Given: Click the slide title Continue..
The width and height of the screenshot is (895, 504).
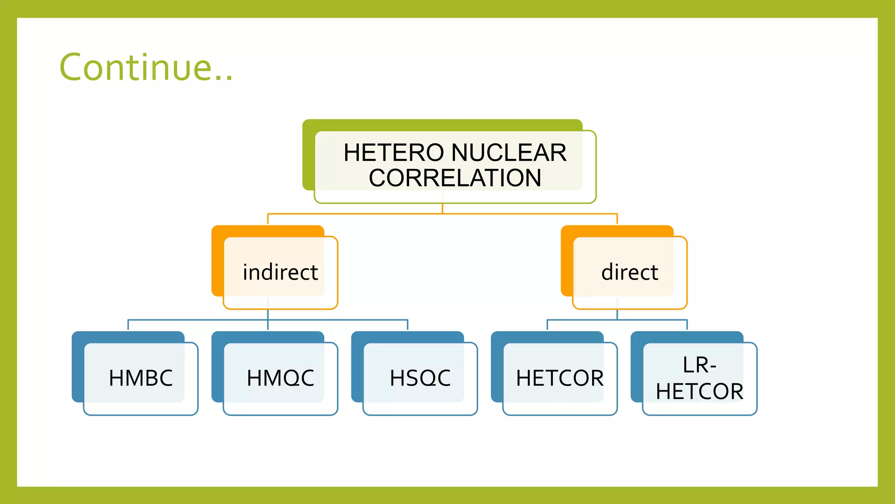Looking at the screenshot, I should point(146,67).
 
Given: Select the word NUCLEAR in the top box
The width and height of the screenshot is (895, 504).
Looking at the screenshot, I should point(509,153).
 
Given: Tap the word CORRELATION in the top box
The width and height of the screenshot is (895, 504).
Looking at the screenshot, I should point(455,178).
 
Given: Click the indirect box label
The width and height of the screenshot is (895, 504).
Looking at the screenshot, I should point(280,273).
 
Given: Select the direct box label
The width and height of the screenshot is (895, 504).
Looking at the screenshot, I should point(630,273).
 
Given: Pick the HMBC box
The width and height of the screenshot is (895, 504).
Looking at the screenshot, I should point(141,378).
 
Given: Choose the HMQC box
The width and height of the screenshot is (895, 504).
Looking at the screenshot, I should point(280,378).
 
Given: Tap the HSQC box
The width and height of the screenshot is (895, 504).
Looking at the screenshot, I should point(420,378).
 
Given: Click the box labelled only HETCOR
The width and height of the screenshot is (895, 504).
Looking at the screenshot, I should point(560,378).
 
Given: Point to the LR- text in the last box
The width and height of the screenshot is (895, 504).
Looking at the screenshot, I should point(699,365).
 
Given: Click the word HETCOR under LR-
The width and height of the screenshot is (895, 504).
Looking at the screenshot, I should point(699,391).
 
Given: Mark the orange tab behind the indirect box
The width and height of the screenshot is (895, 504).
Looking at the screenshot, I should point(218,262).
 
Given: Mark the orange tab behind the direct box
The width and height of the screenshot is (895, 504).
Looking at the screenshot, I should point(567,262).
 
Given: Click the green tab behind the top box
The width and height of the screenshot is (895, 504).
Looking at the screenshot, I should point(309,157).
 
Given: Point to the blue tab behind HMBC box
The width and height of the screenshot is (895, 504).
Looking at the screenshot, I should point(78,367).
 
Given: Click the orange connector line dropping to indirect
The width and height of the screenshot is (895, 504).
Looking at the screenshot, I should point(268,219).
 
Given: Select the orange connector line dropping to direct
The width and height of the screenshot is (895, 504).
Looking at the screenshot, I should point(617,219).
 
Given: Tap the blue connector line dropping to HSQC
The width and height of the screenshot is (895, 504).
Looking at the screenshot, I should point(407,325).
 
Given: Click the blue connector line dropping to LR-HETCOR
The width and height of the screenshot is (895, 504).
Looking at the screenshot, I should point(687,325).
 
